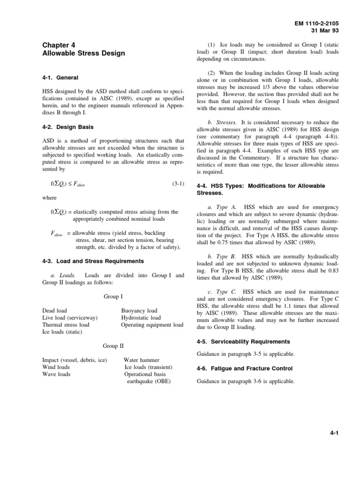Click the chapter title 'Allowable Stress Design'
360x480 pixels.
83,53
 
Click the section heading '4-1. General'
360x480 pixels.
60,77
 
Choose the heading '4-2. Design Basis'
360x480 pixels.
69,127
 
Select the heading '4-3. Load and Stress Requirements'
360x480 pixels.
93,261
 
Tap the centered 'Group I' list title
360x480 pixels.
113,297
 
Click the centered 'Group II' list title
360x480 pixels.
113,346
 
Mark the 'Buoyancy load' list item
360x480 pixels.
139,311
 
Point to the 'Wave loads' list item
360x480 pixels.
56,374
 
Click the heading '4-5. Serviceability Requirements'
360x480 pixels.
243,341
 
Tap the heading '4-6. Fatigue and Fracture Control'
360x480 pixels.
244,369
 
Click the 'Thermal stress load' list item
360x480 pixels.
66,325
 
